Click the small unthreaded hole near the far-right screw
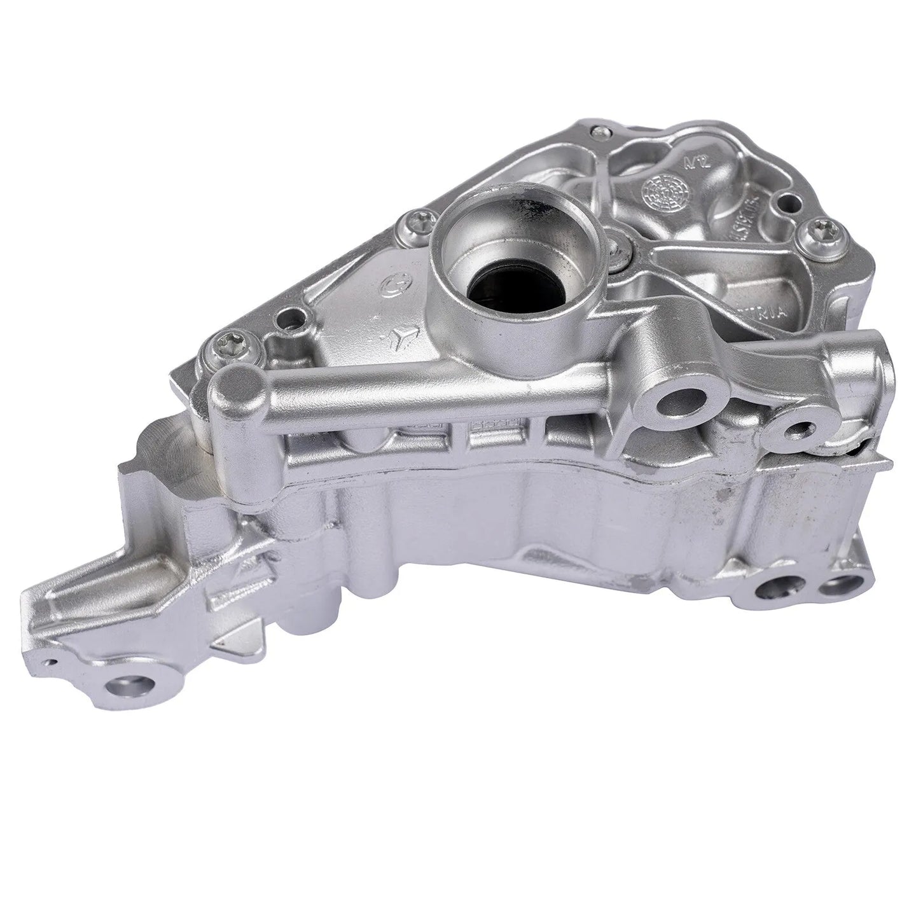(789, 205)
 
